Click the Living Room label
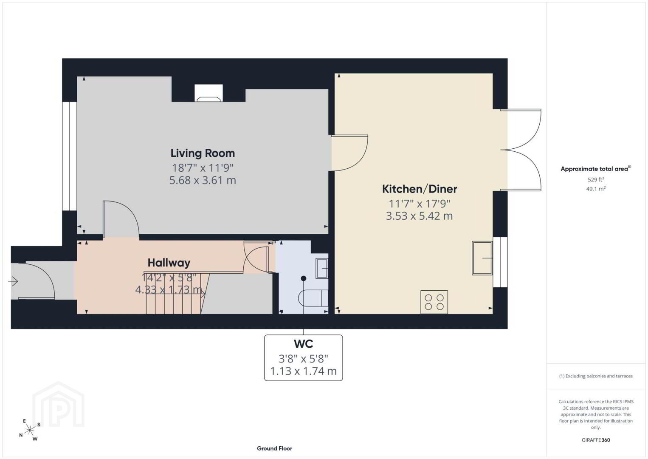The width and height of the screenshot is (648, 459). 203,153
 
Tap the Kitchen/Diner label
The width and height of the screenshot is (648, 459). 420,189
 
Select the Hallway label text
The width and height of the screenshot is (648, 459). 169,263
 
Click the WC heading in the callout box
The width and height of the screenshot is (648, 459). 304,344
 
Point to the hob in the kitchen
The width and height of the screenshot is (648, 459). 434,302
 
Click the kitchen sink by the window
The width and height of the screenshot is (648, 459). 482,258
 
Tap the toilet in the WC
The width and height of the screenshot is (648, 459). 313,297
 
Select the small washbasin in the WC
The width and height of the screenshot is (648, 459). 322,268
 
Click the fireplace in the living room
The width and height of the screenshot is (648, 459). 208,93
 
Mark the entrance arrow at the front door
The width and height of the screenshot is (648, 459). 13,281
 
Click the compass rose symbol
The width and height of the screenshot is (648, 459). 29,430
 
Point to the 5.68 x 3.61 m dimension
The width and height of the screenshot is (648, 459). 203,180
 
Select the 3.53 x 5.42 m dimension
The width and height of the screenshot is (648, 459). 420,216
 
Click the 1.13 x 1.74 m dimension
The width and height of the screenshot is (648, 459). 304,371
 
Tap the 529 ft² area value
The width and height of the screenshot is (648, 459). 596,179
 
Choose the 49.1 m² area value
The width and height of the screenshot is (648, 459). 596,189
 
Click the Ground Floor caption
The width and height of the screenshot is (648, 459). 275,448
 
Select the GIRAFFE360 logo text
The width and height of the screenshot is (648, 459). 596,440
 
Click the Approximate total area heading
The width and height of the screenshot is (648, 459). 596,169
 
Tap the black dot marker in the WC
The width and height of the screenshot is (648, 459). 304,278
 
